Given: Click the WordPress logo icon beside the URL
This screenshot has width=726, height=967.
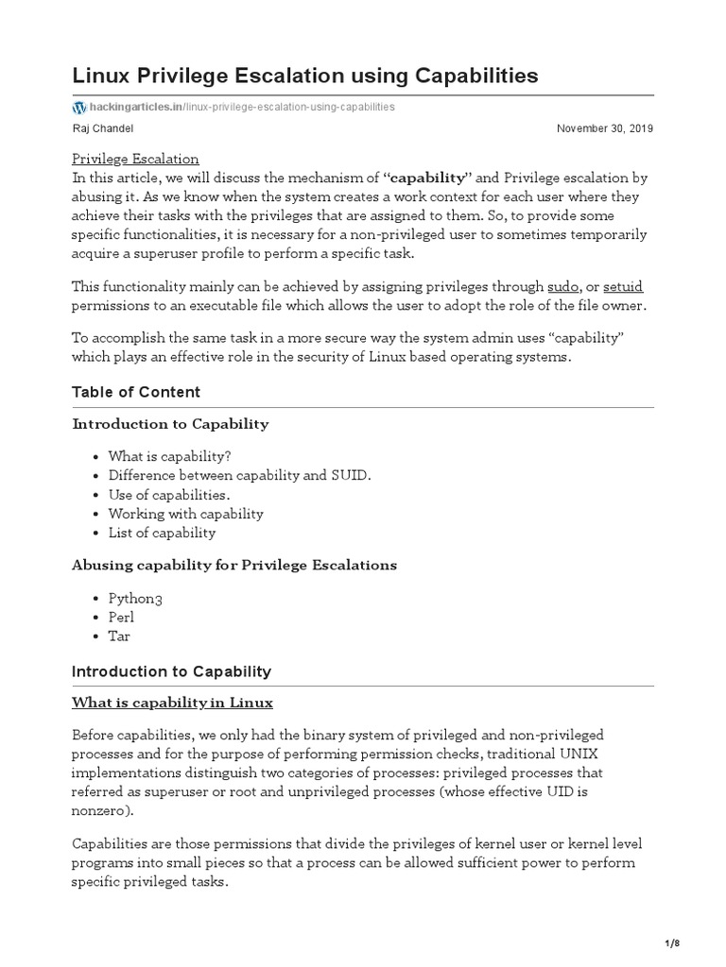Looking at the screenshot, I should [78, 107].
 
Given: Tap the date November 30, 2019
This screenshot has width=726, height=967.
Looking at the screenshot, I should [604, 128].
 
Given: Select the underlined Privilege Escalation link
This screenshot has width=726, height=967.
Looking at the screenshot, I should [135, 159].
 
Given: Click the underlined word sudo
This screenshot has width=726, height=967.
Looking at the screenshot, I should [562, 286].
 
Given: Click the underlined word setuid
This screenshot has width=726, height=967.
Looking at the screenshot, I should [623, 286].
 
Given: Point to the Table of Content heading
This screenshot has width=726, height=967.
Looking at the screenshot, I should [136, 392].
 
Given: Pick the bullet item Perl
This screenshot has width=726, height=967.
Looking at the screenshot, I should [121, 617].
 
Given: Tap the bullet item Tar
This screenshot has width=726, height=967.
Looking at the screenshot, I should [119, 636].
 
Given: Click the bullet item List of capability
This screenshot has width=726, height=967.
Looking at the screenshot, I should [162, 533].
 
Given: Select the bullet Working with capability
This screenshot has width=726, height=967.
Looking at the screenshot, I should [185, 514].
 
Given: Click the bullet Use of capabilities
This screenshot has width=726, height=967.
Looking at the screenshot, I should [169, 495].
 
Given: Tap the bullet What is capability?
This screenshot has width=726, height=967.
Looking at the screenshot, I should [169, 457].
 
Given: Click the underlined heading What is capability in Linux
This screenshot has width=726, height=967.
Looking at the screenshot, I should [172, 703].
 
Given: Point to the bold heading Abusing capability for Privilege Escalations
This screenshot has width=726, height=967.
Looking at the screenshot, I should [234, 565].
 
